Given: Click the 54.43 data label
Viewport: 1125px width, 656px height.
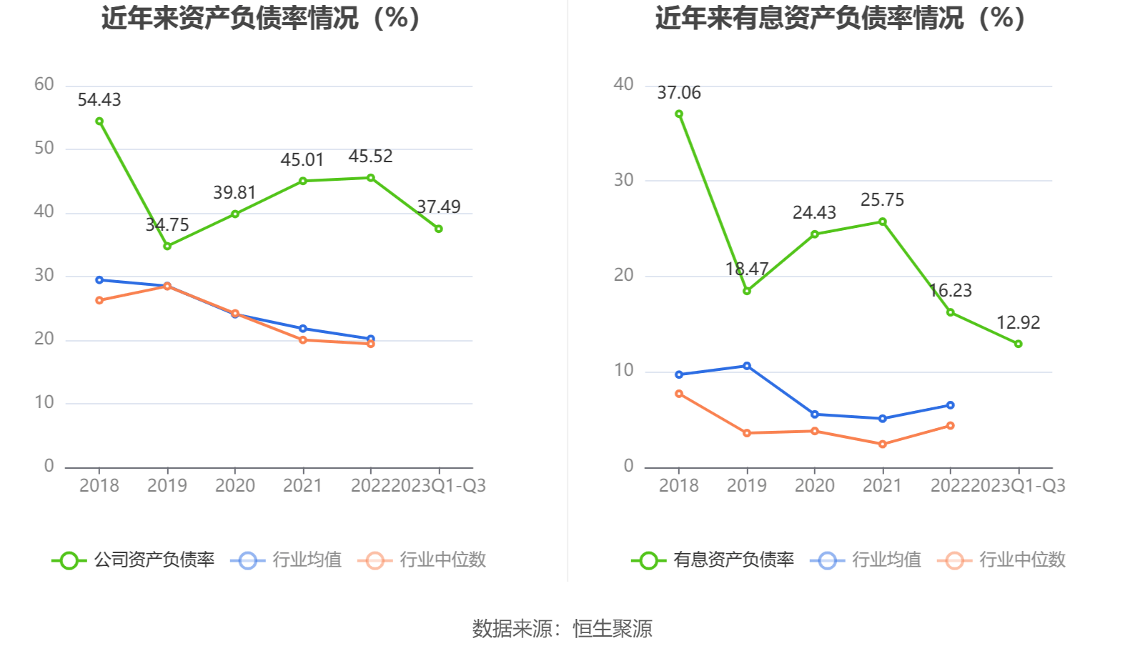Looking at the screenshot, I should click(99, 100).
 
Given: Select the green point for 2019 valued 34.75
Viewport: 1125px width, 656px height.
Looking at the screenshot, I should click(167, 246).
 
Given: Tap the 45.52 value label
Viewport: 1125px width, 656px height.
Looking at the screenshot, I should click(370, 156).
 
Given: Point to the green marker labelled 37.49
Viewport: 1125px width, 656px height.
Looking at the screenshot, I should click(439, 229).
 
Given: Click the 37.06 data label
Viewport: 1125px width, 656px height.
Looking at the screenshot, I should click(679, 93).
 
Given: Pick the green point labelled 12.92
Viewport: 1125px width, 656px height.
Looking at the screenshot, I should click(1019, 344).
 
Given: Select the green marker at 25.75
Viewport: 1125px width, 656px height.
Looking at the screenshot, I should click(883, 222).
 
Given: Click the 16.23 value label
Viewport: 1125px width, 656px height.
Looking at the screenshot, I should click(951, 291).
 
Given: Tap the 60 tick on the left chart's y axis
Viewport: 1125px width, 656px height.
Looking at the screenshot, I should click(44, 85).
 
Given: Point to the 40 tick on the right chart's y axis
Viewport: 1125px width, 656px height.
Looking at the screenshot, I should click(624, 85).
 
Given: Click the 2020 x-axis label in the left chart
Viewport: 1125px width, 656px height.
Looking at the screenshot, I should click(235, 486).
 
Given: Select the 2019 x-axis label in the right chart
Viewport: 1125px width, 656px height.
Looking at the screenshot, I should click(747, 486).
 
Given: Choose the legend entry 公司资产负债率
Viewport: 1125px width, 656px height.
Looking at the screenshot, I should click(134, 560).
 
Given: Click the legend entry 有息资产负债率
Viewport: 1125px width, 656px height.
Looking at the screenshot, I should click(713, 560).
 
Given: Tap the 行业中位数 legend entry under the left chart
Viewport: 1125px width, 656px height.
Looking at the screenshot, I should click(426, 560).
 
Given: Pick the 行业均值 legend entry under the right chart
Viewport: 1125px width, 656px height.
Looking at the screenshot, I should click(866, 560).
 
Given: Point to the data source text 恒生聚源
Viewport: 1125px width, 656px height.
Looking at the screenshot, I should click(613, 629).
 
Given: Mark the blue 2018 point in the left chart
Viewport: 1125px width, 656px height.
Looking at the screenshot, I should click(99, 280).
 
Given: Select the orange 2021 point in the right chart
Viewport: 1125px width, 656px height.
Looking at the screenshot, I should click(883, 444).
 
